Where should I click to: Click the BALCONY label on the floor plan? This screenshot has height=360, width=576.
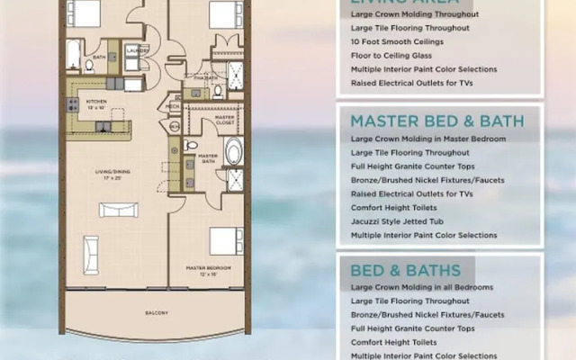[157, 313]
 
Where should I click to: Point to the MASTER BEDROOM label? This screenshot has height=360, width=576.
[208, 269]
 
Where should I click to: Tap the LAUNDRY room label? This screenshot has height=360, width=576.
[138, 51]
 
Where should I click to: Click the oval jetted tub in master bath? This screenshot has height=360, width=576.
[233, 151]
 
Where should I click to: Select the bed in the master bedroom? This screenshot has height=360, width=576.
[225, 241]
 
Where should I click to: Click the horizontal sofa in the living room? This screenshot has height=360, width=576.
[119, 210]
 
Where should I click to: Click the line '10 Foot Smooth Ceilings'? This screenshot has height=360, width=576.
[398, 41]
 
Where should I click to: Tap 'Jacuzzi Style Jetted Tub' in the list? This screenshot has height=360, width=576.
[400, 221]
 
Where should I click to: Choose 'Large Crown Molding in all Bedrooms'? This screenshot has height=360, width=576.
[421, 287]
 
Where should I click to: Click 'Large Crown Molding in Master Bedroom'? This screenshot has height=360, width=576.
[427, 139]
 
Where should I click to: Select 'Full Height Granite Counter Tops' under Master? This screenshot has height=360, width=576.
[414, 166]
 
